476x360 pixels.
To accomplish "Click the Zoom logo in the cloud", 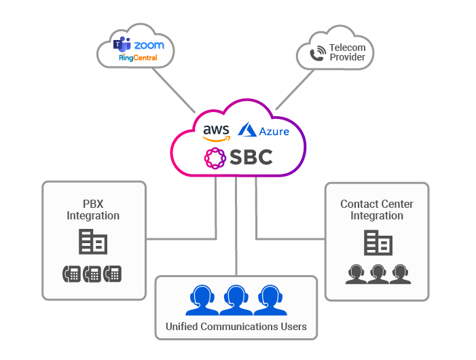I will pos(149,46).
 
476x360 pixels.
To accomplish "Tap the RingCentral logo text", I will pos(138,58).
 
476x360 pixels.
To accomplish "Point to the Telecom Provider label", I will pos(347,52).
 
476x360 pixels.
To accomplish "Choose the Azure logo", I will pos(264,130).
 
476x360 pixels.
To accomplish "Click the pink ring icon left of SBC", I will pos(215,158).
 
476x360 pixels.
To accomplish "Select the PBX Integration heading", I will pos(93,210).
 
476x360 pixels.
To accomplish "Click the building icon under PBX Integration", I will pos(92,242).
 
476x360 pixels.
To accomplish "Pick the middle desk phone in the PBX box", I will pos(93,274).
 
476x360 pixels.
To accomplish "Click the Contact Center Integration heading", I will pos(377,210).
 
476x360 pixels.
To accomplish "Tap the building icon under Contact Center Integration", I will pos(377,242).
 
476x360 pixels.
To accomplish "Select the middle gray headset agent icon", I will pos(378,274).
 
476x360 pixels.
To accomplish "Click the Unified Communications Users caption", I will pos(236,327).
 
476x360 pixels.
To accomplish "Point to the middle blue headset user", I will pos(236,300).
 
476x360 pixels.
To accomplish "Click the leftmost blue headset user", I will pos(201,300).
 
